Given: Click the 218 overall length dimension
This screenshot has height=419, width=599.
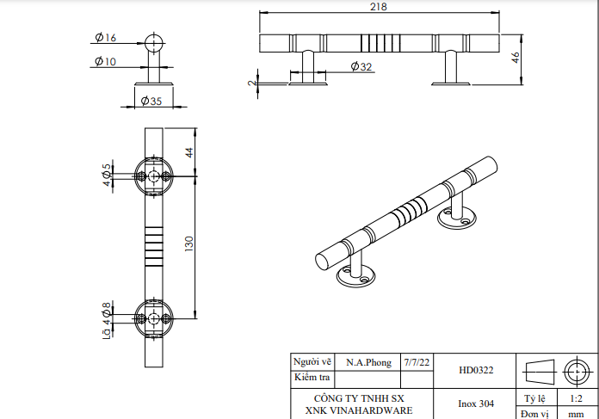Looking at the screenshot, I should click(x=378, y=7).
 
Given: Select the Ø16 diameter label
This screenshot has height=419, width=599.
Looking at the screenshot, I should click(x=107, y=38).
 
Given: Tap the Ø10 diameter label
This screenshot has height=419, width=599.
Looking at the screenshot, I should click(x=107, y=61).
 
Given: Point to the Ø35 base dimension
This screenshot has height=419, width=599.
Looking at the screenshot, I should click(x=151, y=102).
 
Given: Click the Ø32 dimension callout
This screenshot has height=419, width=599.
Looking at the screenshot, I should click(x=361, y=67).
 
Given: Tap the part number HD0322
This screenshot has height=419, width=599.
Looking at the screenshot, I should click(x=476, y=371).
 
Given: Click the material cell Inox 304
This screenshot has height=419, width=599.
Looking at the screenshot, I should click(x=476, y=403).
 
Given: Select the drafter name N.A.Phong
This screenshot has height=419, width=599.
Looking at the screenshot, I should click(x=367, y=362).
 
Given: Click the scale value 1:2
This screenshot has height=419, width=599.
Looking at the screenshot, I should click(x=576, y=399).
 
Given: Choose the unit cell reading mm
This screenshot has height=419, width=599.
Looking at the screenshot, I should click(x=576, y=414).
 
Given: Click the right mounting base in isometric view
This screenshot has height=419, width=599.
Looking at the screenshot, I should click(x=456, y=219).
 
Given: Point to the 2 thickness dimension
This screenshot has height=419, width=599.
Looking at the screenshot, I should click(x=251, y=83).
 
